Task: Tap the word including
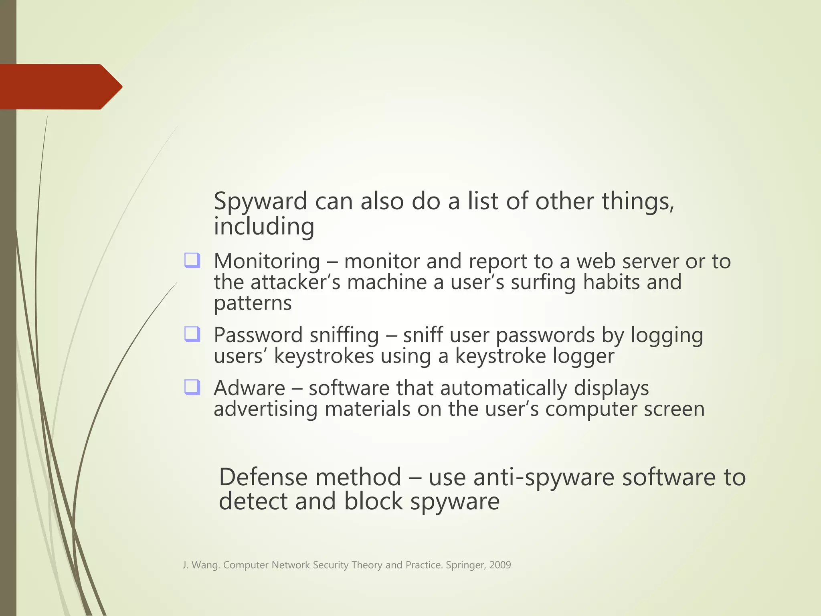click(264, 226)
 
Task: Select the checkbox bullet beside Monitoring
click(192, 260)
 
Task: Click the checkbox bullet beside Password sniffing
click(192, 334)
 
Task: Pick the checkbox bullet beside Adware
click(192, 387)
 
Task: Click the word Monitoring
click(267, 261)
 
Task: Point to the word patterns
click(253, 303)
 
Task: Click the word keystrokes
click(324, 356)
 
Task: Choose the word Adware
click(249, 388)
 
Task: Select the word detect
click(253, 502)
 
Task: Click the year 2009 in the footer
click(500, 565)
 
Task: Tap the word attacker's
click(295, 282)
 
